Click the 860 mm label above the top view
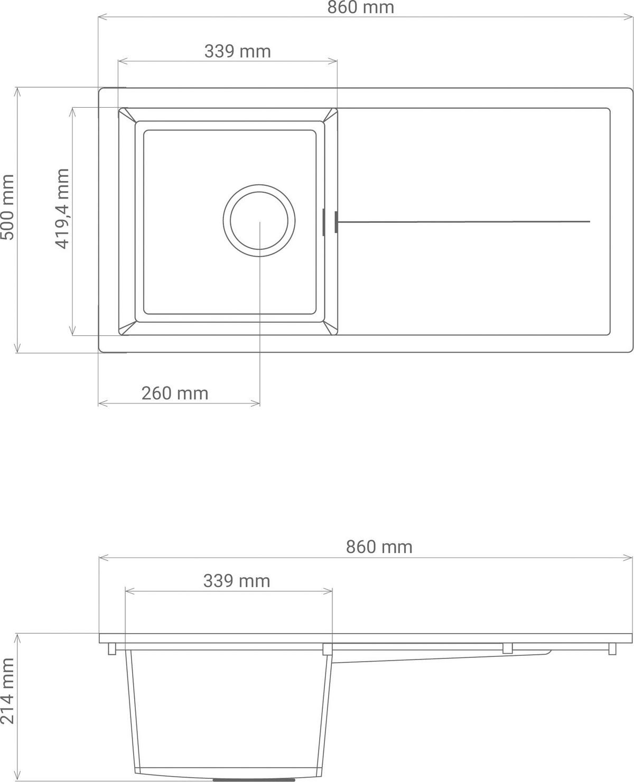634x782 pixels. tap(360, 7)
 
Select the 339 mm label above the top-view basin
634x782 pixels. tap(237, 51)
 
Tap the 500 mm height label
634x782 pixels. tap(8, 207)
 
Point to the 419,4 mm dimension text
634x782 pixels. tap(62, 209)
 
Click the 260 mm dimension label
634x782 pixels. tap(175, 393)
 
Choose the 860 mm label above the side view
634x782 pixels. tap(379, 547)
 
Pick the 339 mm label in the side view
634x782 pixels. tap(237, 581)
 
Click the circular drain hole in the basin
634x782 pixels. tap(259, 221)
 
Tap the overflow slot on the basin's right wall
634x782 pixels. tap(323, 221)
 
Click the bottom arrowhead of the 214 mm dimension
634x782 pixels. tap(18, 778)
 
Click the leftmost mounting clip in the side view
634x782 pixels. tap(112, 648)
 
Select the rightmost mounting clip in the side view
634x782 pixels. tap(612, 648)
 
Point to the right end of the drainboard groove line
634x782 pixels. tap(589, 222)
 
